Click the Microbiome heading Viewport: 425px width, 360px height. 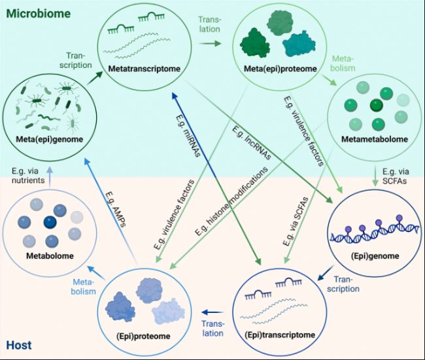38,14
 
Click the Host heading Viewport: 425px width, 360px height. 19,346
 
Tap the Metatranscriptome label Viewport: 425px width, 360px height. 144,69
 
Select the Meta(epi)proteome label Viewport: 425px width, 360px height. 280,69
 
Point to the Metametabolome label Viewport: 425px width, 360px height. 375,139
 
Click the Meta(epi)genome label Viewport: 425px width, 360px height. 49,140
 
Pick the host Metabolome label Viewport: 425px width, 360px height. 50,255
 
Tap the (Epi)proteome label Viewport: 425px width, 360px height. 143,336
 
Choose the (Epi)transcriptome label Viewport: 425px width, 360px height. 280,335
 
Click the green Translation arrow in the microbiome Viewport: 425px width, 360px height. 210,43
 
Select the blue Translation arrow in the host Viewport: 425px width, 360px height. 213,312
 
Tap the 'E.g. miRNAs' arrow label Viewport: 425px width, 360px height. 188,136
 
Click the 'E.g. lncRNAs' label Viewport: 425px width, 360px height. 252,143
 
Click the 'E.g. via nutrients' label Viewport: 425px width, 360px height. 28,176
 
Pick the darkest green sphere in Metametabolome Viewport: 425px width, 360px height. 377,105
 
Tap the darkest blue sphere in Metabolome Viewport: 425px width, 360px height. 50,222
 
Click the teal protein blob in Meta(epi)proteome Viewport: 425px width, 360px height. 299,44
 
